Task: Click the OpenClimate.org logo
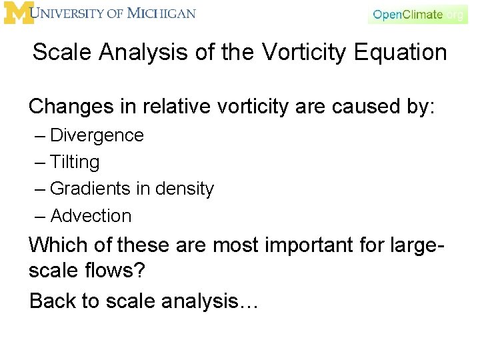click(x=417, y=14)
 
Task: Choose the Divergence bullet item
click(x=97, y=135)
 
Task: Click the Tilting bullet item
click(x=75, y=162)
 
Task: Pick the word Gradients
click(x=91, y=189)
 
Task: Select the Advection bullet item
click(x=91, y=215)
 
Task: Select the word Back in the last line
click(x=52, y=301)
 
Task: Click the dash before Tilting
click(x=41, y=162)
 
